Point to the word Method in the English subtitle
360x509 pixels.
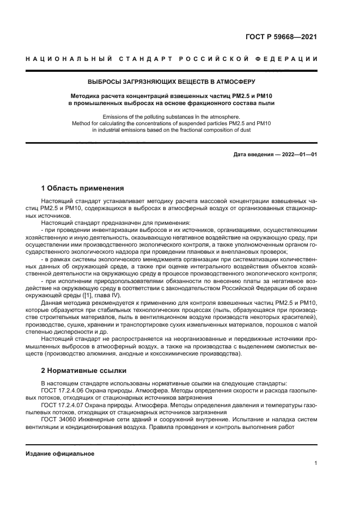click(82, 124)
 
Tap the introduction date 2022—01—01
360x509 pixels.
click(297, 155)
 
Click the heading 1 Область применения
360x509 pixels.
click(82, 188)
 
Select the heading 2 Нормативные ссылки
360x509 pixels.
click(83, 370)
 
